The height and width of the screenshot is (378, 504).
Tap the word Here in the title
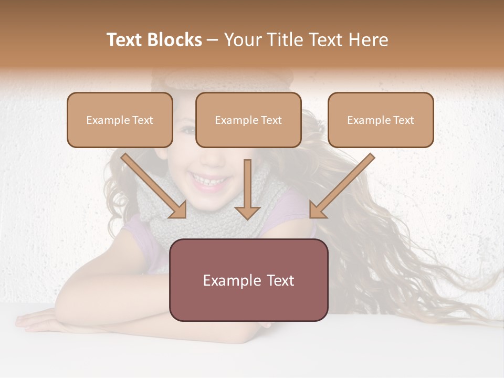[368, 40]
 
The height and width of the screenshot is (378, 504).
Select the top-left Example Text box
[120, 120]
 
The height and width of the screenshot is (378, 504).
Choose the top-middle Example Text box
[248, 120]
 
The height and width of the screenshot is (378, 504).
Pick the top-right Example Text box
[381, 120]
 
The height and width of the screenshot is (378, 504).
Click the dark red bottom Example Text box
[248, 280]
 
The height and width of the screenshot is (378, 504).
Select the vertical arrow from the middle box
[247, 189]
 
